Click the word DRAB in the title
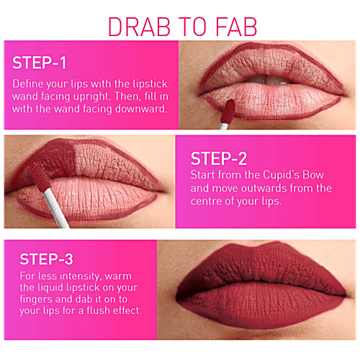coord(139,27)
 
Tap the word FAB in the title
coord(236,27)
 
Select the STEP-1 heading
coord(39,63)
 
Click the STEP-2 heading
coord(219,158)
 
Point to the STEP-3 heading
coord(46,259)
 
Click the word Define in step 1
coord(28,84)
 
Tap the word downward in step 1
coord(140,109)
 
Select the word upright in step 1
coord(91,96)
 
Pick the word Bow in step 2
coord(313,174)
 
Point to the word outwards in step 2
coord(264,188)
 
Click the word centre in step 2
coord(206,201)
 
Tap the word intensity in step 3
coord(79,276)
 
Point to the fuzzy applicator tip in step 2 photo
coord(39,177)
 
